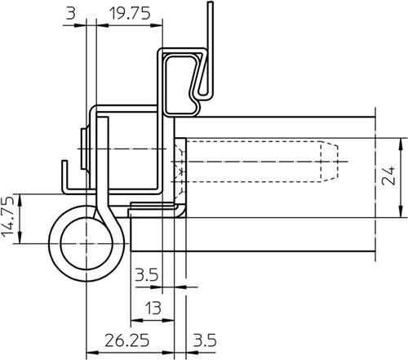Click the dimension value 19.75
(x=130, y=14)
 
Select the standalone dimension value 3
(x=71, y=13)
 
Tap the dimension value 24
(x=388, y=176)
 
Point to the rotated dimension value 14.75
(x=7, y=216)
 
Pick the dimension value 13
(x=153, y=308)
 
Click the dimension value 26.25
(x=127, y=340)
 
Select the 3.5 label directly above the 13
(x=147, y=275)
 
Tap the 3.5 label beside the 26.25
(x=205, y=340)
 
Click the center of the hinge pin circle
(x=86, y=243)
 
